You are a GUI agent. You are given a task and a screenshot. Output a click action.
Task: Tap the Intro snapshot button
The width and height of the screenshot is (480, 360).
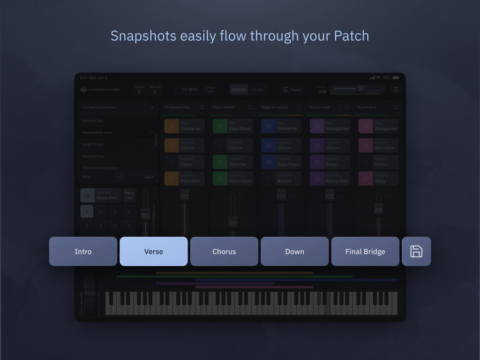tap(83, 252)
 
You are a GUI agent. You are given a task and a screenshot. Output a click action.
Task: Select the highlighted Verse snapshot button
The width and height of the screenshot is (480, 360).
tap(154, 252)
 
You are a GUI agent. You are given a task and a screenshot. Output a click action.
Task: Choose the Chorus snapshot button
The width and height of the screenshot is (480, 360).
tap(224, 252)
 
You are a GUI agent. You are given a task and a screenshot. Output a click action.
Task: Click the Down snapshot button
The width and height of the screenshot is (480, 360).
tap(294, 252)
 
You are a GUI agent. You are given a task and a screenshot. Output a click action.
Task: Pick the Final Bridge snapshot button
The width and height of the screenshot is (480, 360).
tap(365, 252)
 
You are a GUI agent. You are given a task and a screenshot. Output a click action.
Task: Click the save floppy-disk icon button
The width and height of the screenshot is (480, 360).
tap(416, 252)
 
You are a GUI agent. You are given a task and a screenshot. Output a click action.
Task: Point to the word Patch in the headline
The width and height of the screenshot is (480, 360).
tap(351, 36)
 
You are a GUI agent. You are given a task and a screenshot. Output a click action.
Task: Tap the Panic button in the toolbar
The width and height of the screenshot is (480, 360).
tap(292, 90)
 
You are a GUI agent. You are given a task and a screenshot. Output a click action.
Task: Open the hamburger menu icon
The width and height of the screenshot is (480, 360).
tap(396, 90)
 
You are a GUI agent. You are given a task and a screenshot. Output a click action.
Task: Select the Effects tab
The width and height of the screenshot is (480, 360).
tap(239, 90)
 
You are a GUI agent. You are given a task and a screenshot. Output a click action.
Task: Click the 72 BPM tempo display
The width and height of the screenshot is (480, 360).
tap(190, 90)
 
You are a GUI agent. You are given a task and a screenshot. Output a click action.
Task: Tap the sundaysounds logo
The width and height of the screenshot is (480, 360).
tap(100, 90)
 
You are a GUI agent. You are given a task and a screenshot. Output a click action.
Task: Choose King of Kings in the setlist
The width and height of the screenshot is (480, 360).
tap(93, 144)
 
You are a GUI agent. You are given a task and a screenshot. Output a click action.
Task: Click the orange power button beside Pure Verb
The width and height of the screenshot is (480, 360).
tap(171, 179)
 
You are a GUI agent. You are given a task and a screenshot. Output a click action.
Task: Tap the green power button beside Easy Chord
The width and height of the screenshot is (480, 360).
tap(220, 127)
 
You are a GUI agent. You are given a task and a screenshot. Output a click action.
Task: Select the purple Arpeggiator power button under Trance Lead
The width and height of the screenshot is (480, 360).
tap(317, 127)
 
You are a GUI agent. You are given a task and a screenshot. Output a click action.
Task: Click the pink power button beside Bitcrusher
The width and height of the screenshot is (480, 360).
tap(366, 146)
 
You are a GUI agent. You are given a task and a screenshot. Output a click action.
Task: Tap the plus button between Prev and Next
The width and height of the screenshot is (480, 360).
tap(118, 177)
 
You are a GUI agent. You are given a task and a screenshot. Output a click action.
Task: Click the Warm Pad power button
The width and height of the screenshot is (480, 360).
tap(87, 195)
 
